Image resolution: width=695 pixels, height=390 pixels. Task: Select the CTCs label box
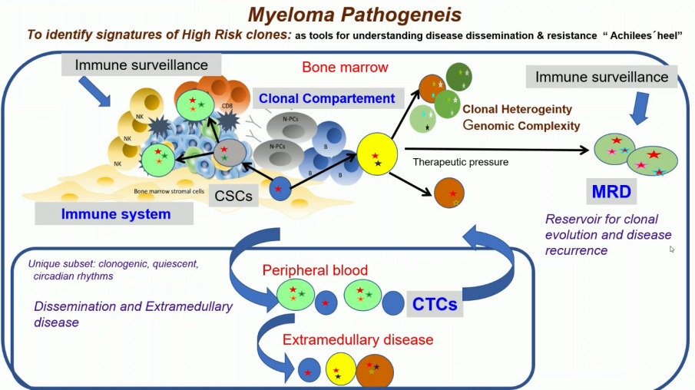pyautogui.click(x=435, y=304)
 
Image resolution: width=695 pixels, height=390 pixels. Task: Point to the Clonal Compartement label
pyautogui.click(x=327, y=98)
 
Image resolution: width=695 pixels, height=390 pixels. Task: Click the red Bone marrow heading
pyautogui.click(x=345, y=67)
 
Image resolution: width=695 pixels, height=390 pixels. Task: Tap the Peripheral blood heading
pyautogui.click(x=315, y=270)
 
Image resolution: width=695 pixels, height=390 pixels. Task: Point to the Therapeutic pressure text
pyautogui.click(x=460, y=162)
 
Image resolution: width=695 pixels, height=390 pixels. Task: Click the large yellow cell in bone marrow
pyautogui.click(x=376, y=154)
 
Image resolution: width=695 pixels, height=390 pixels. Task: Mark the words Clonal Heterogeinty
pyautogui.click(x=528, y=110)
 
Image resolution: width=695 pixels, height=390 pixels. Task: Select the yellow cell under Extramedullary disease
pyautogui.click(x=339, y=370)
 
